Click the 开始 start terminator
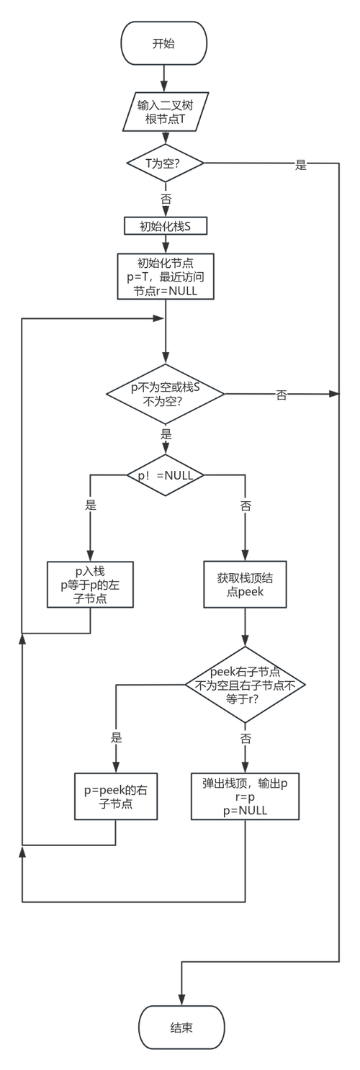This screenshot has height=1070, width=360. point(165,43)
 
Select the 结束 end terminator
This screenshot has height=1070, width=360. point(181,1028)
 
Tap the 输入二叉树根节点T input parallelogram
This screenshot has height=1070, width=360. point(166,112)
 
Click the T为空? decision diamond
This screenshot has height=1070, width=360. point(165,164)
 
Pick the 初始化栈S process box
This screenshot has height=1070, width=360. point(166,226)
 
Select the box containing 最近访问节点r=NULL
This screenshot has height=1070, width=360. point(166,276)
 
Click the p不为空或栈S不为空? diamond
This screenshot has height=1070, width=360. point(166,395)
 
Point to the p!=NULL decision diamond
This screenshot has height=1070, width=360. point(165,475)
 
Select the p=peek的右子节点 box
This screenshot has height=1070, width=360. point(115,796)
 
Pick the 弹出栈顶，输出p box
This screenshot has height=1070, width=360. point(246,796)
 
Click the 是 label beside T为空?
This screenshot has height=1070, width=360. point(301,165)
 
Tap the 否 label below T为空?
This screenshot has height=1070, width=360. point(165,197)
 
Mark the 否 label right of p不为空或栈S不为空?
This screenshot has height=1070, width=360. point(281,395)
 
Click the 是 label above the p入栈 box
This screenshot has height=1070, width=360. point(91,505)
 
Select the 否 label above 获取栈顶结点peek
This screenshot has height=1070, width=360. point(246,505)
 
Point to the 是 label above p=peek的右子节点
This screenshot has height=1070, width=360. point(116,737)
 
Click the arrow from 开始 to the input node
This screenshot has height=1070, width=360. point(165,77)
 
